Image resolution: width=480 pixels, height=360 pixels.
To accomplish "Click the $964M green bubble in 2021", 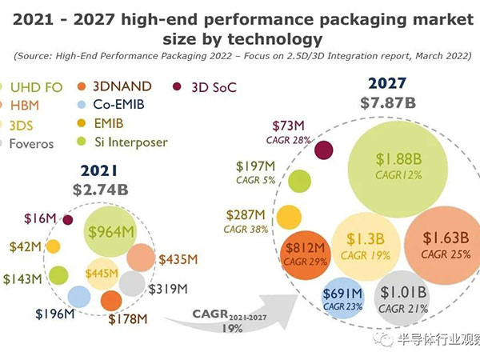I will [x=110, y=232].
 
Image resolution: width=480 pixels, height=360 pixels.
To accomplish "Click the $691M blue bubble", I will [x=342, y=300].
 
